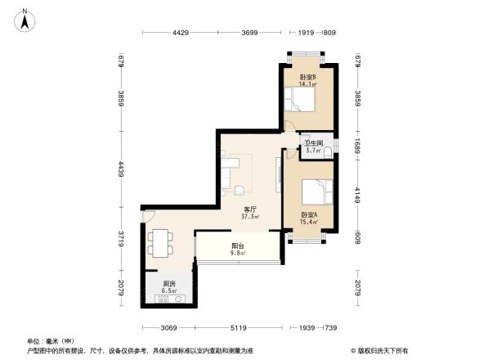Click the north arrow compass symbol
click(x=24, y=19)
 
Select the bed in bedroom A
click(x=316, y=193)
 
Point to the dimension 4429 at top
click(x=181, y=33)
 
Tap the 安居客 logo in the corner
click(x=381, y=350)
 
